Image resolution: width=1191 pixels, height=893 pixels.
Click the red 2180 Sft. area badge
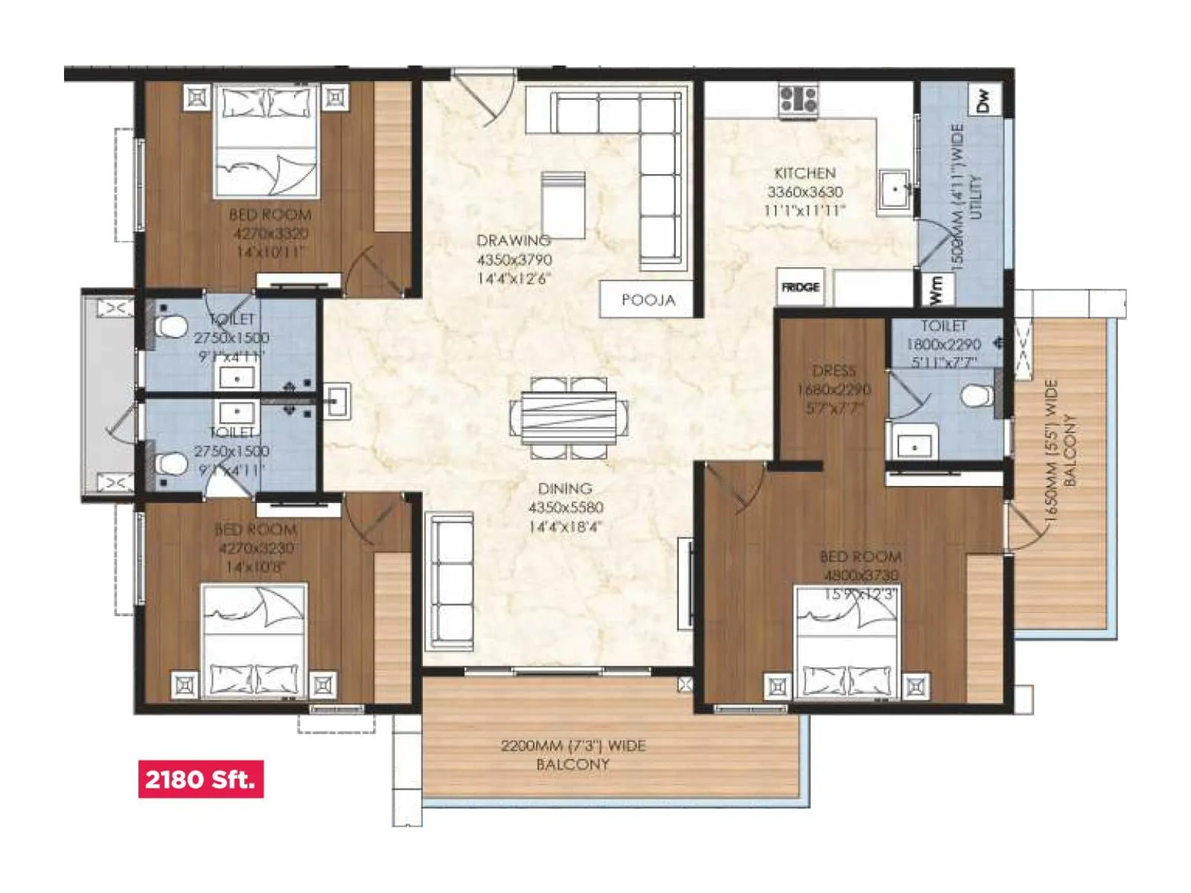point(200,779)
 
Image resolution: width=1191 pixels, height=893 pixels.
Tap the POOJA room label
point(648,300)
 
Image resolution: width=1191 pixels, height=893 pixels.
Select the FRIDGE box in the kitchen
point(800,287)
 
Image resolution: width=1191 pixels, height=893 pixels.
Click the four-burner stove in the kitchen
point(798,100)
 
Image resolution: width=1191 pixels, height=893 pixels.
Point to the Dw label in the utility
point(983,100)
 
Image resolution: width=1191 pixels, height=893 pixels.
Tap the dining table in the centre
point(569,417)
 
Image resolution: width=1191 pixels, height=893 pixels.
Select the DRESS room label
point(834,371)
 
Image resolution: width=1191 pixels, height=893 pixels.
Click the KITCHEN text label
point(805,173)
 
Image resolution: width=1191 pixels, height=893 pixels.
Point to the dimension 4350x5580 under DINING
point(566,508)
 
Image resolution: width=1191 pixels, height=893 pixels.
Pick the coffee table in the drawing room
point(563,205)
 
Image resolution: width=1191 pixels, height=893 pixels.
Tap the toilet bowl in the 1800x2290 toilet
point(976,395)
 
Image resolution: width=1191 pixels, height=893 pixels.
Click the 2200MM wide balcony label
point(572,754)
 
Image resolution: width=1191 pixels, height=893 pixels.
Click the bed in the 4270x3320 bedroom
point(266,141)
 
